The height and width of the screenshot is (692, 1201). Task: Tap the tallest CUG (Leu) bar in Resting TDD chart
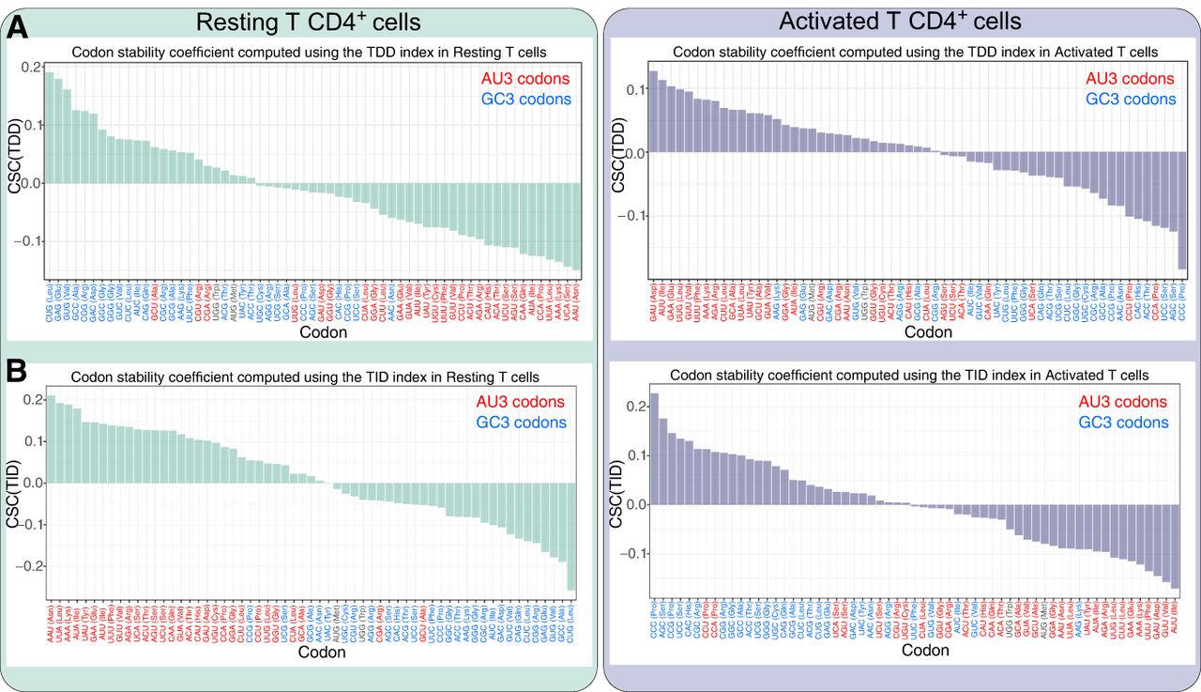(x=49, y=128)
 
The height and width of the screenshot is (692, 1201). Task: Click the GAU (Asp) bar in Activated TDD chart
(x=653, y=112)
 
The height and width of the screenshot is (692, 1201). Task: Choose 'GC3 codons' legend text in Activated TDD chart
(x=1130, y=99)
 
